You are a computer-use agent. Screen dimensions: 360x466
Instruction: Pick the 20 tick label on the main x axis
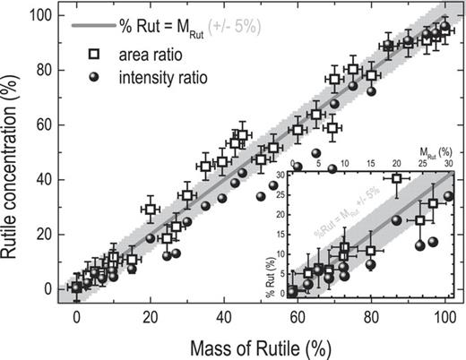[x=151, y=317]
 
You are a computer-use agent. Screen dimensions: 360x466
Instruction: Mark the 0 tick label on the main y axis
[x=44, y=288]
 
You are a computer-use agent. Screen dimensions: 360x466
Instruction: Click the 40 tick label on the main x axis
[x=224, y=317]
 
